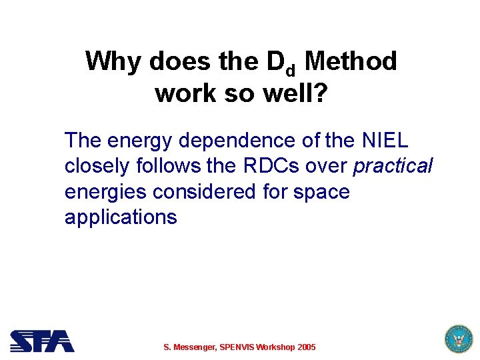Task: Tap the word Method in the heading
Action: point(351,62)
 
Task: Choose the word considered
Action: point(204,192)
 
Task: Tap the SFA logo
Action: point(42,341)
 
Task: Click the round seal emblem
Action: point(457,339)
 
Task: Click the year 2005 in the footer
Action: point(307,347)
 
